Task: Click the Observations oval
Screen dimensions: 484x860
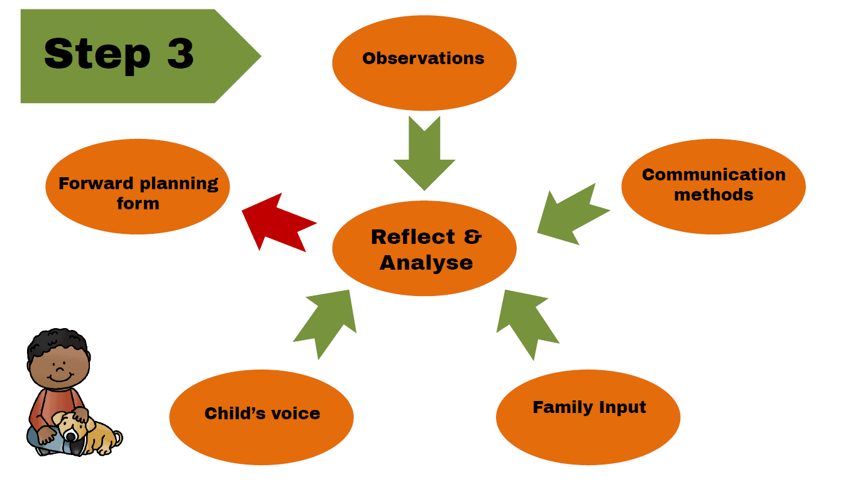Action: [x=424, y=63]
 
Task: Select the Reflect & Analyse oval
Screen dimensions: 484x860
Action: [x=424, y=249]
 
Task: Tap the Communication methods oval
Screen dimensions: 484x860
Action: [x=714, y=186]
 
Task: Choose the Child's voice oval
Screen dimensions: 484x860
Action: [x=262, y=416]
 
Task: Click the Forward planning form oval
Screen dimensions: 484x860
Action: [x=138, y=187]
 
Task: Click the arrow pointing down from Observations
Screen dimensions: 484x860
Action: [x=424, y=154]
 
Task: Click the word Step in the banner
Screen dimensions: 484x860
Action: [x=97, y=55]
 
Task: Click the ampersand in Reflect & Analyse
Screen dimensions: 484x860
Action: [x=472, y=237]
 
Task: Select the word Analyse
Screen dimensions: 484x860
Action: [x=426, y=262]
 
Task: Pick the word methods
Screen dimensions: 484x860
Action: [x=714, y=195]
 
